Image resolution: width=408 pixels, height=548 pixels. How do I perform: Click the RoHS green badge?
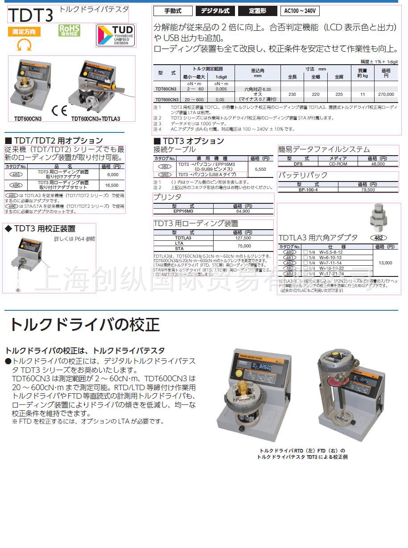70,30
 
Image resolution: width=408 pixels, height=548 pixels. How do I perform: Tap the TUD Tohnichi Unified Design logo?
116,36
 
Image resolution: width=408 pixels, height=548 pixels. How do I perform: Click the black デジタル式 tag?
215,11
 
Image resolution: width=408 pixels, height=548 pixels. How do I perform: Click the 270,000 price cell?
386,95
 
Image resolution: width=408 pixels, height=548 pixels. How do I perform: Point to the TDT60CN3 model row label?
166,89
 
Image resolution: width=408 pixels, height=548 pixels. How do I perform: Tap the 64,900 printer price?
243,211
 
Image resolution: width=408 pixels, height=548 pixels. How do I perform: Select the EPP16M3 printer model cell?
183,211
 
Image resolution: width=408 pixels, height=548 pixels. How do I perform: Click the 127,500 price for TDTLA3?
243,238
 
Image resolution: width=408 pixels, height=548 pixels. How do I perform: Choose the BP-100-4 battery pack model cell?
308,190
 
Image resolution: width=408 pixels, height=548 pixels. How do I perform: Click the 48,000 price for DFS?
378,164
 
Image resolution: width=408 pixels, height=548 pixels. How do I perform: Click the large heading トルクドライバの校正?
85,324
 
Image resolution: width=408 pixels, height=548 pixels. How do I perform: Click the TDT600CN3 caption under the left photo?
28,119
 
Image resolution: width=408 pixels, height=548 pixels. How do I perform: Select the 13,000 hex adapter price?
385,263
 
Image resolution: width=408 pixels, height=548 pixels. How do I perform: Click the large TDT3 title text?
30,15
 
